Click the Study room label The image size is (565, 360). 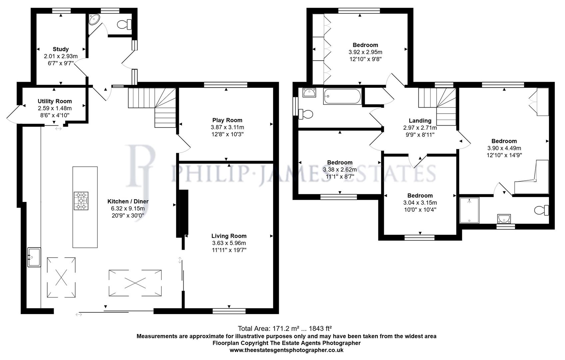coord(61,49)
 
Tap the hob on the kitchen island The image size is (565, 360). coord(81,201)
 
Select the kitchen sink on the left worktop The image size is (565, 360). coord(34,257)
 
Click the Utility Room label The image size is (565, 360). coord(55,101)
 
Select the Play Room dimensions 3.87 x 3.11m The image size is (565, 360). coord(227,127)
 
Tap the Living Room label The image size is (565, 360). coord(229,236)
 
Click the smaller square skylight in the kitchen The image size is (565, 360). coord(61,277)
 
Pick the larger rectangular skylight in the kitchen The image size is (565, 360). coord(135,283)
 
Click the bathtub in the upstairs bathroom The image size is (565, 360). coord(342,96)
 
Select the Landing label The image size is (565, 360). coord(420,121)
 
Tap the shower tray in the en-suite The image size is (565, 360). coord(469,210)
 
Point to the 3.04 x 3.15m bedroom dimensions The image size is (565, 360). coord(420,203)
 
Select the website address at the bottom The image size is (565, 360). coord(286,350)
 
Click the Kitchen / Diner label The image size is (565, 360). coord(128,201)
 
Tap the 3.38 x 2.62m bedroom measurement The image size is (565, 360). coord(339,170)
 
